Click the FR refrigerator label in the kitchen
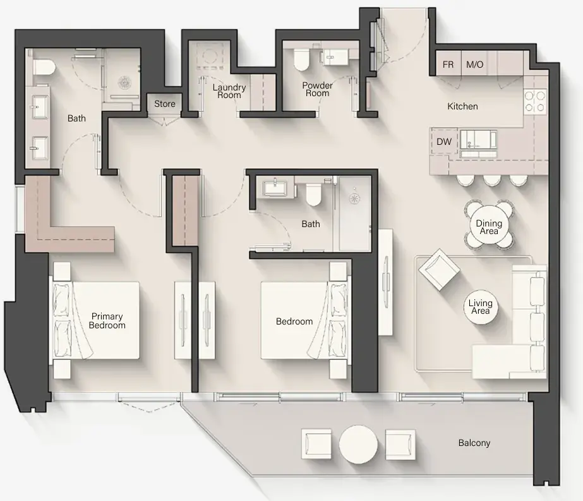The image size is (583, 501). pos(448,65)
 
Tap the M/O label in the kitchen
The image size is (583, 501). pos(474,65)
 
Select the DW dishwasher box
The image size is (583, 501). pos(444,142)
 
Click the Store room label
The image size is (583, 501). pos(165,104)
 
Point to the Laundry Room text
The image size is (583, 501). pos(229,91)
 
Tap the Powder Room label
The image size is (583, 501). pos(317,89)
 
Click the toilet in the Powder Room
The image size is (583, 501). pos(301,60)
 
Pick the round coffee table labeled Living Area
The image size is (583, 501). pos(480,307)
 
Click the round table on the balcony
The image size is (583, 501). pos(358,443)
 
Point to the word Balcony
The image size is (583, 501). pos(474,443)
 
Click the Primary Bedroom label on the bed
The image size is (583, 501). pos(107,321)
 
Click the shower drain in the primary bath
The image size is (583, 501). pos(125,81)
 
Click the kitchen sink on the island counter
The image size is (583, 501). pos(478,139)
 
